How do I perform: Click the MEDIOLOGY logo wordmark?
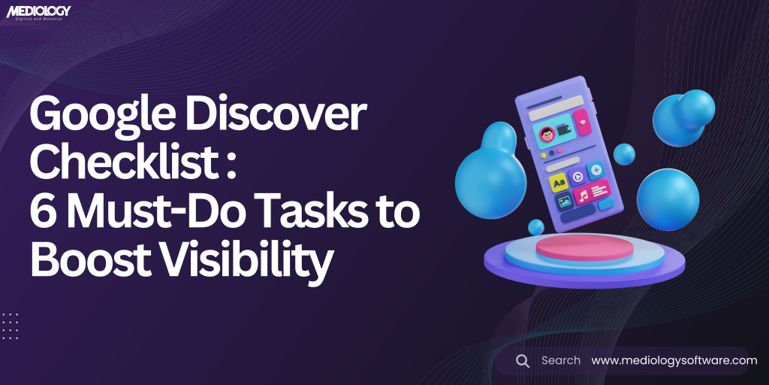coord(38,11)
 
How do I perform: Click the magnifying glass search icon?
coord(523,361)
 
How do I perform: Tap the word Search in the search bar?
coord(561,361)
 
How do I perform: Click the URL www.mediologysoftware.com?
coord(674,361)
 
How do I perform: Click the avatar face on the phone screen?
coord(546,134)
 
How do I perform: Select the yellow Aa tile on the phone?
coord(558,183)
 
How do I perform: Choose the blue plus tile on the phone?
coord(596,170)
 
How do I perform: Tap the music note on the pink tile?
coord(583,198)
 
